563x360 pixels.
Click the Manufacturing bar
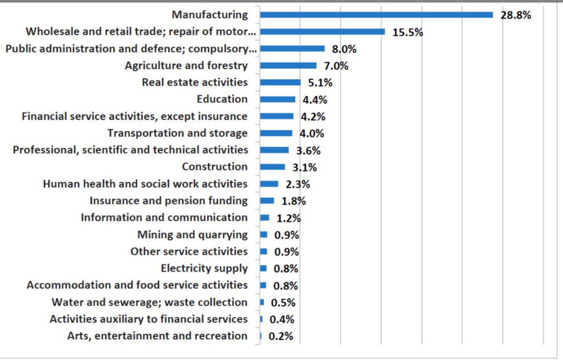[376, 15]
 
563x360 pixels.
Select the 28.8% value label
[516, 15]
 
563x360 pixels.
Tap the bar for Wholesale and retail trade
[322, 31]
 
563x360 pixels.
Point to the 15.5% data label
[407, 32]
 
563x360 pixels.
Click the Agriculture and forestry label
[186, 65]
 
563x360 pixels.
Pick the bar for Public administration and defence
[292, 48]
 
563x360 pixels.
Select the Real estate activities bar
[280, 82]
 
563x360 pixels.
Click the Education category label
[222, 99]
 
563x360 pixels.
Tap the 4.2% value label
[313, 117]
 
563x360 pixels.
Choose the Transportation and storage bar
[276, 133]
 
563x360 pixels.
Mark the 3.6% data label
[308, 151]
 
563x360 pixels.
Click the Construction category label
[215, 167]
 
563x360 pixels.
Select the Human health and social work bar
[269, 184]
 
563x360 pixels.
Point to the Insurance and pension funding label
[169, 201]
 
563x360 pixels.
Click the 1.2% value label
[289, 218]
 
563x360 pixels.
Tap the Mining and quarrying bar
[263, 234]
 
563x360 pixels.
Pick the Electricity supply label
[205, 268]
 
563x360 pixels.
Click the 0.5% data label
[283, 303]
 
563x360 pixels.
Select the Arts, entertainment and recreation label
[157, 336]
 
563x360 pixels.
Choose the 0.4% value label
[282, 319]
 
